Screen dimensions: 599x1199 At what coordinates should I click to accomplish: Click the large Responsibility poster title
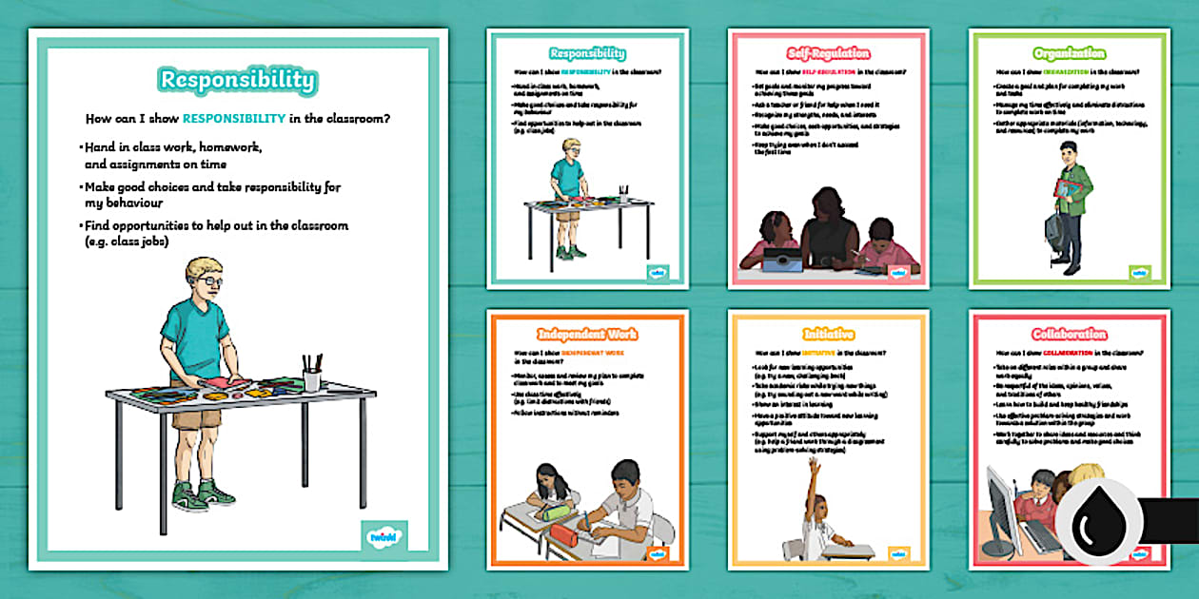click(x=238, y=80)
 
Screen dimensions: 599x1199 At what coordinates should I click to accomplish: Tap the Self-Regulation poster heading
click(x=826, y=54)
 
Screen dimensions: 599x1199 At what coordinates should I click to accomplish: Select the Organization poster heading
click(x=1068, y=54)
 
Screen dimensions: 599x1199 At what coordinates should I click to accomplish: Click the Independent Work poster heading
click(x=586, y=335)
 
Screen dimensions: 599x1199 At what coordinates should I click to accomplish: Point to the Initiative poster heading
click(x=826, y=335)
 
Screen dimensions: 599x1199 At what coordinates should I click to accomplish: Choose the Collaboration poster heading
click(x=1068, y=335)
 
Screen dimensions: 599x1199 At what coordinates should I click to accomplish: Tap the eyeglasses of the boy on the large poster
click(x=209, y=281)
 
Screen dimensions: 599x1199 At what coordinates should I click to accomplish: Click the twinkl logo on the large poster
click(x=383, y=536)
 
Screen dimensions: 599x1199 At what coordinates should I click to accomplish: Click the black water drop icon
click(x=1099, y=523)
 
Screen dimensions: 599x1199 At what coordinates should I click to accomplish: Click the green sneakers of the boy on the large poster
click(x=201, y=495)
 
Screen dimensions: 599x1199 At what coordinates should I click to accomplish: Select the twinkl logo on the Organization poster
click(x=1139, y=272)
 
